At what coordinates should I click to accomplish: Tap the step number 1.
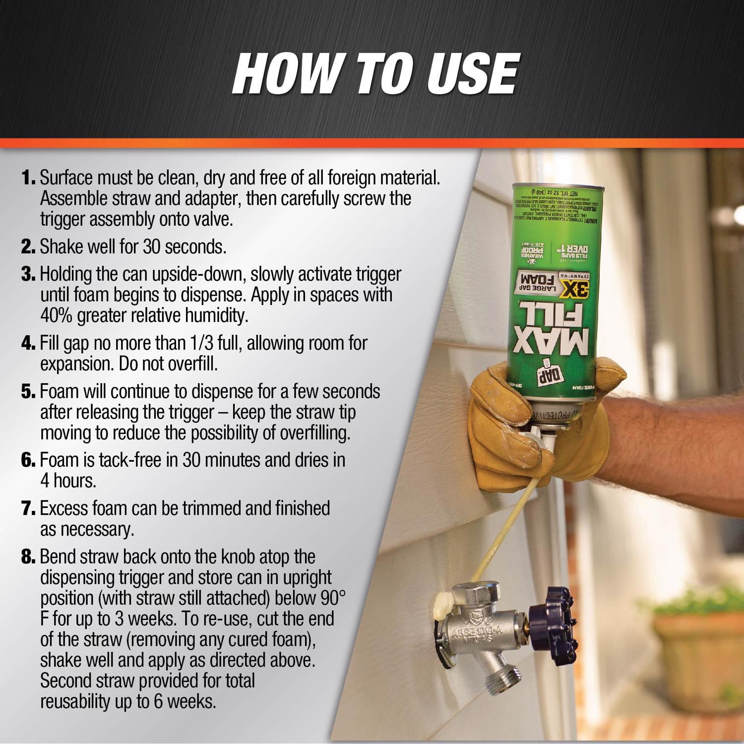pyautogui.click(x=28, y=178)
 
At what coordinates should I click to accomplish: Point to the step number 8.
pyautogui.click(x=28, y=557)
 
